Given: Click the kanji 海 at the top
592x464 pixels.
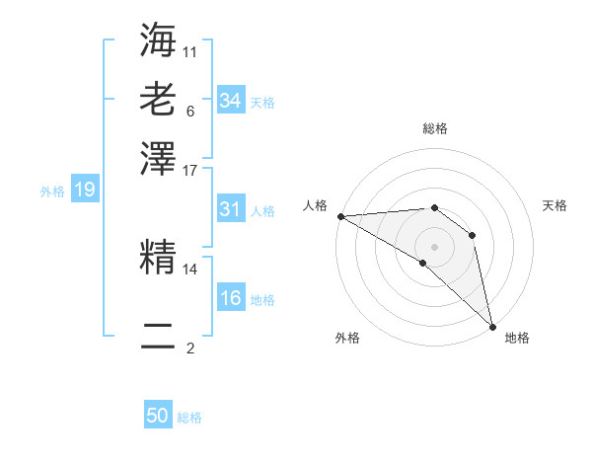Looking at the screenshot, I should (158, 41).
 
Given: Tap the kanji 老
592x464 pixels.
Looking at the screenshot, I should (158, 100).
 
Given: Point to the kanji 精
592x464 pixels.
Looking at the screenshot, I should (158, 258).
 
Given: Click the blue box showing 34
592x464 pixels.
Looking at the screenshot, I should (230, 100).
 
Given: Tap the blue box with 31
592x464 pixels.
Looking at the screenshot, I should (230, 209).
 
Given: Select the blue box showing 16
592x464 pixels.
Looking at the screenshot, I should (230, 298).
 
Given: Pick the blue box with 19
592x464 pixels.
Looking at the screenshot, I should (85, 190).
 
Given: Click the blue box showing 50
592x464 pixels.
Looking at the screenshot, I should (158, 416).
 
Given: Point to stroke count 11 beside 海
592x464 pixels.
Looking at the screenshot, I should (190, 50).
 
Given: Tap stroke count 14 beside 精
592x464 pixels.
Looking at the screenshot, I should (190, 268).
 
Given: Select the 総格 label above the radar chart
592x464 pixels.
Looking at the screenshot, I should (435, 128).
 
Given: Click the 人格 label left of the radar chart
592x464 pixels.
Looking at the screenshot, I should (316, 205).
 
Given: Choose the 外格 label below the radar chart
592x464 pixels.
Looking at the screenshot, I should (347, 338).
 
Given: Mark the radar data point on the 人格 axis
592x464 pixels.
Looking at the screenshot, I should (340, 216).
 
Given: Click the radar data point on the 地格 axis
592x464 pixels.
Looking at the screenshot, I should (492, 325).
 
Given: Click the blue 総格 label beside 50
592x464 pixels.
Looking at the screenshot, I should (190, 418).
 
